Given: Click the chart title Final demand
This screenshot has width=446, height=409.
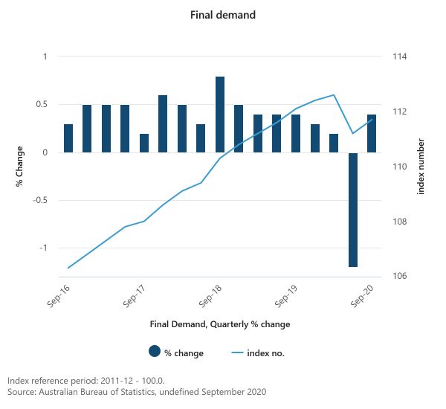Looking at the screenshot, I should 222,14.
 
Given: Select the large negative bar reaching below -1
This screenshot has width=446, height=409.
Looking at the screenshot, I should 353,209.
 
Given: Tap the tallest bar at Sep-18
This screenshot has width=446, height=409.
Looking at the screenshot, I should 220,115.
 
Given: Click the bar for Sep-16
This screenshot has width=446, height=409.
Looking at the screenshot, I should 68,138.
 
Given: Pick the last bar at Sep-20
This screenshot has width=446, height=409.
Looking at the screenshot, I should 372,134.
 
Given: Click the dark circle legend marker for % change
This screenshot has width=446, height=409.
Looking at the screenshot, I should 155,352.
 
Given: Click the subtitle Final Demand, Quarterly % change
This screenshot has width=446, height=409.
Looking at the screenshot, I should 220,324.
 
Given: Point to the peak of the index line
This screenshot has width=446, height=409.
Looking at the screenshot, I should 334,95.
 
